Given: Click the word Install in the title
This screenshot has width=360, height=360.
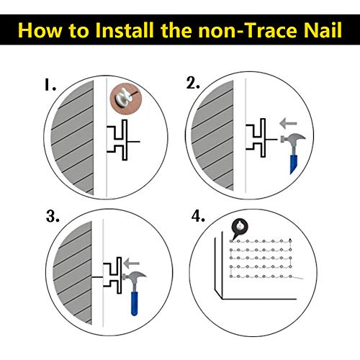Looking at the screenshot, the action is tap(125, 30).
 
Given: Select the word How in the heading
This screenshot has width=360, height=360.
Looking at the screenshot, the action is tap(40, 30).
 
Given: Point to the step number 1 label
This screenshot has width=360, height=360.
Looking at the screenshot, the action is tap(50, 85).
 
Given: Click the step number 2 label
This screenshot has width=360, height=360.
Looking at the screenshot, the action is tap(193, 84).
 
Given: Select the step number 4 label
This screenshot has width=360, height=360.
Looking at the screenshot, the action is tap(198, 216).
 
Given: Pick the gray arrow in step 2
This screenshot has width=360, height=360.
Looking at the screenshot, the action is tap(288, 124).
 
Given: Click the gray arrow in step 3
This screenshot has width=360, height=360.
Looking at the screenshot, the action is tap(131, 264).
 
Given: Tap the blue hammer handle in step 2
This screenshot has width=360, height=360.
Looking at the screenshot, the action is tap(293, 164).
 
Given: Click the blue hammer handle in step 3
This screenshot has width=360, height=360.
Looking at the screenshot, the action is tap(135, 303).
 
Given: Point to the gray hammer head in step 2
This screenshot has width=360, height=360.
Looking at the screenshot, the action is tap(293, 139).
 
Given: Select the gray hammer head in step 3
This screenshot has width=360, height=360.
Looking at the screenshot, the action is tap(134, 276).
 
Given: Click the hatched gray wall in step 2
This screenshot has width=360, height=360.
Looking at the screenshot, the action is tap(213, 135).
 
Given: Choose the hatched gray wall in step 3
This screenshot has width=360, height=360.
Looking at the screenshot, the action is tap(73, 273).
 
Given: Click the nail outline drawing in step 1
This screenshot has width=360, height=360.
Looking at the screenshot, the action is tap(125, 140).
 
